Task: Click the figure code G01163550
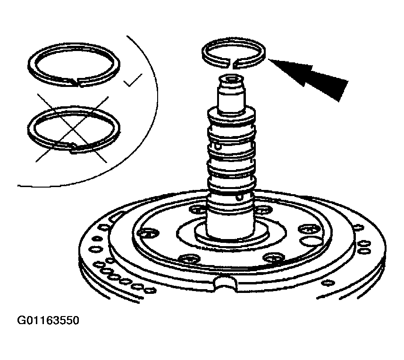[48, 320]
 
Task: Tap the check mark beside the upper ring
[133, 80]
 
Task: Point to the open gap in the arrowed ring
[231, 64]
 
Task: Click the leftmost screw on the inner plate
[148, 233]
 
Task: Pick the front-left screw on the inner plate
[190, 258]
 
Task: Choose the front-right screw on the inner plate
[274, 257]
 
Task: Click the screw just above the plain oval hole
[308, 229]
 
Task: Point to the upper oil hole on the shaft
[219, 147]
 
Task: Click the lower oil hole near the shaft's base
[240, 198]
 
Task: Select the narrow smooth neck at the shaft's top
[231, 99]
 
